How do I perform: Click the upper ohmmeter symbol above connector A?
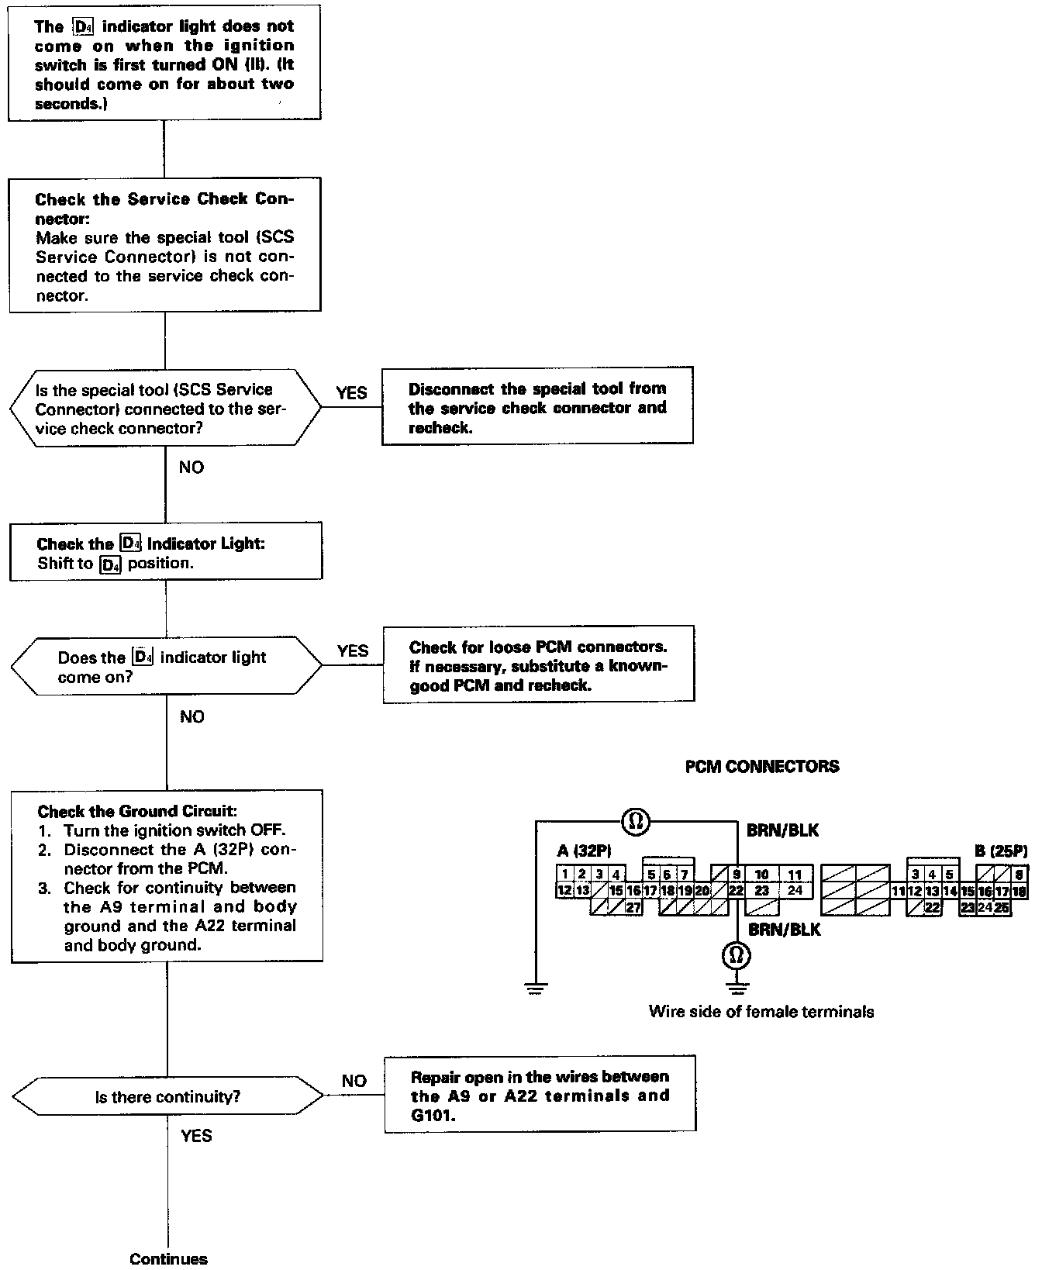635,822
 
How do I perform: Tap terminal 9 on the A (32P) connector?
736,875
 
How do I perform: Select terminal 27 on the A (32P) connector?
633,908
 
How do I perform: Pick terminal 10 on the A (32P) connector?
762,875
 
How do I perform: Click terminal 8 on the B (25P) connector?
1019,875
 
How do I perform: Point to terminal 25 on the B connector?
1002,907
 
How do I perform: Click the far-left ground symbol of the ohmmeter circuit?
535,989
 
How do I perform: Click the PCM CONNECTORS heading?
762,767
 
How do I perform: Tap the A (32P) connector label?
585,851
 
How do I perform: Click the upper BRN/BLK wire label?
782,830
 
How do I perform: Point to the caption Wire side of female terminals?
761,1011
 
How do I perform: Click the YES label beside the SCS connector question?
351,393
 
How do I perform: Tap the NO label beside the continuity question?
354,1081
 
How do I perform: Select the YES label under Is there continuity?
196,1136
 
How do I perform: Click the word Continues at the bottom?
169,1259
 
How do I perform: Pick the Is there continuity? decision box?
167,1097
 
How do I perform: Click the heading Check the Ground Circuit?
136,812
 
